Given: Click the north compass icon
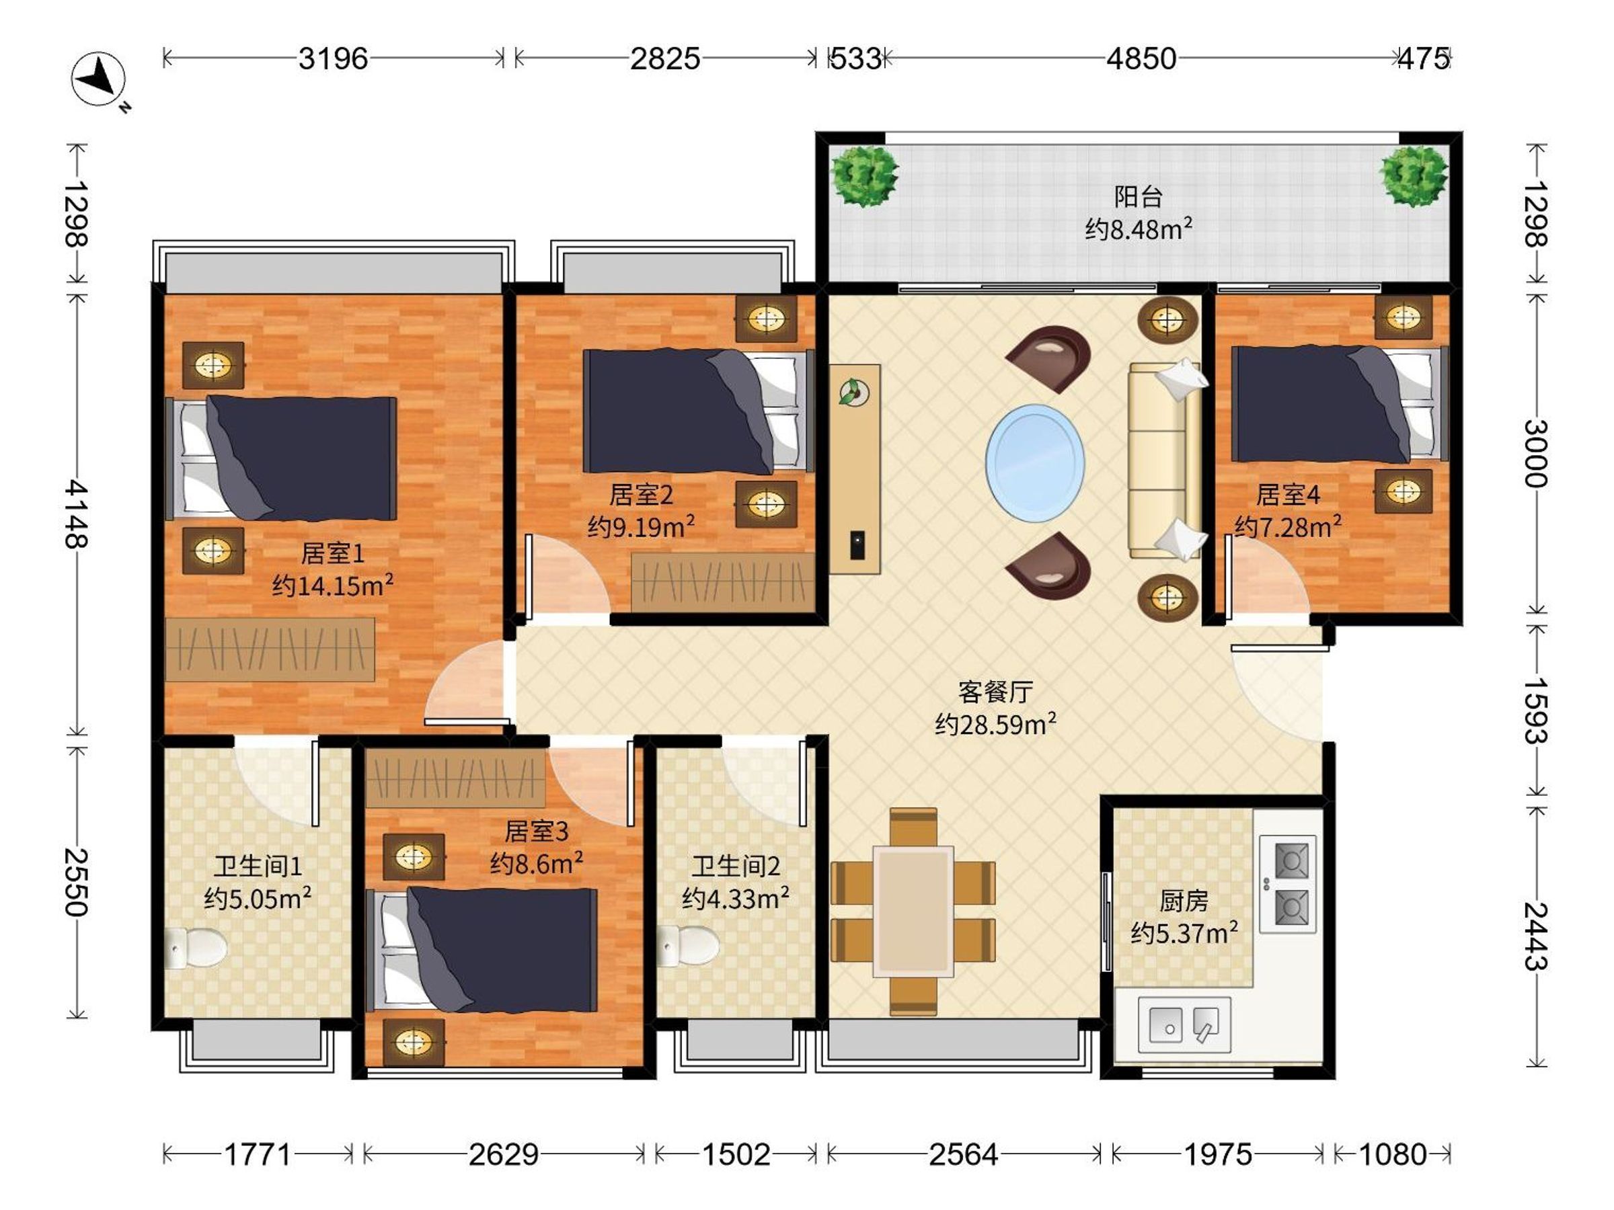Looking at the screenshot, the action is pyautogui.click(x=98, y=78).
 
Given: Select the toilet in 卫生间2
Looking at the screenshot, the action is pyautogui.click(x=687, y=946).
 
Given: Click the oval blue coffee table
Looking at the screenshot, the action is pyautogui.click(x=1035, y=462).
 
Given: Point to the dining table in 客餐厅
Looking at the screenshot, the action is pyautogui.click(x=913, y=911).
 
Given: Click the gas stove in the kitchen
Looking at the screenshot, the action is pyautogui.click(x=1288, y=884).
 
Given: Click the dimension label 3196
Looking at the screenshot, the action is pyautogui.click(x=334, y=58).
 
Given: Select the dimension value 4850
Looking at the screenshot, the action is pyautogui.click(x=1141, y=58).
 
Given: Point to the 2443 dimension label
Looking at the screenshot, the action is pyautogui.click(x=1535, y=936).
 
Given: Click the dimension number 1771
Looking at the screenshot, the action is pyautogui.click(x=258, y=1155).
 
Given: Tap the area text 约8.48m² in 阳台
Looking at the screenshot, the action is pyautogui.click(x=1139, y=229).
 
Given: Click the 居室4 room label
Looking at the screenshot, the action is pyautogui.click(x=1288, y=495).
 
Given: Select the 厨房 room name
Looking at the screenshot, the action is pyautogui.click(x=1184, y=901).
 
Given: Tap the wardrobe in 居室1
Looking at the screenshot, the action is pyautogui.click(x=270, y=650).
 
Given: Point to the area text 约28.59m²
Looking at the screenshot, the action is pyautogui.click(x=996, y=723).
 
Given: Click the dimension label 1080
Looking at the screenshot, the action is pyautogui.click(x=1392, y=1155).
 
